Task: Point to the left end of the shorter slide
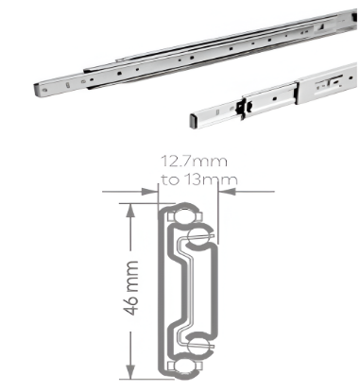pos(188,117)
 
